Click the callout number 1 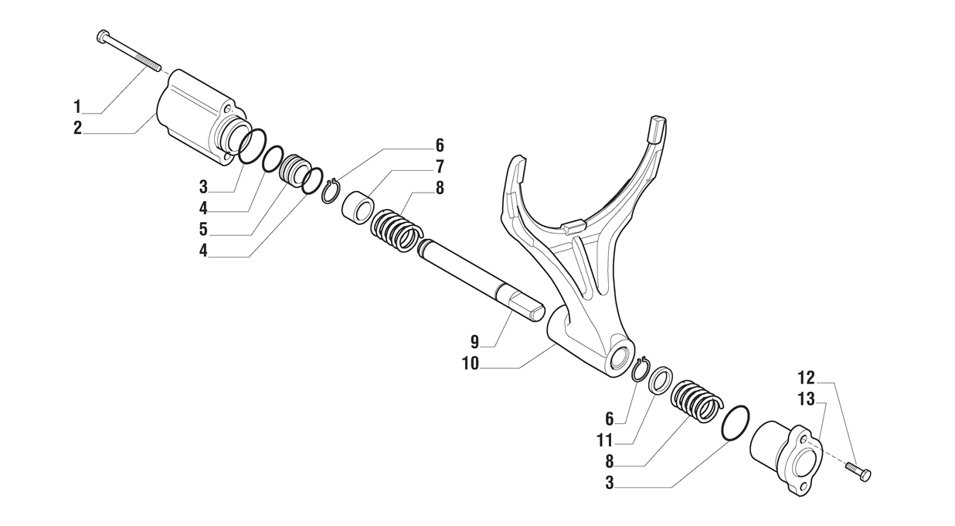pos(77,104)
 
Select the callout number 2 pos(77,128)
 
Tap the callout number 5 pos(203,230)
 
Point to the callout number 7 pos(439,166)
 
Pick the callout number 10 pos(471,363)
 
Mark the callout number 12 pos(806,378)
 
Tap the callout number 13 pos(806,399)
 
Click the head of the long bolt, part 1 pos(103,36)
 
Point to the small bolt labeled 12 pos(858,470)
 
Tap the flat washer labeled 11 pos(659,381)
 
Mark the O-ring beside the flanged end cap pos(736,424)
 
